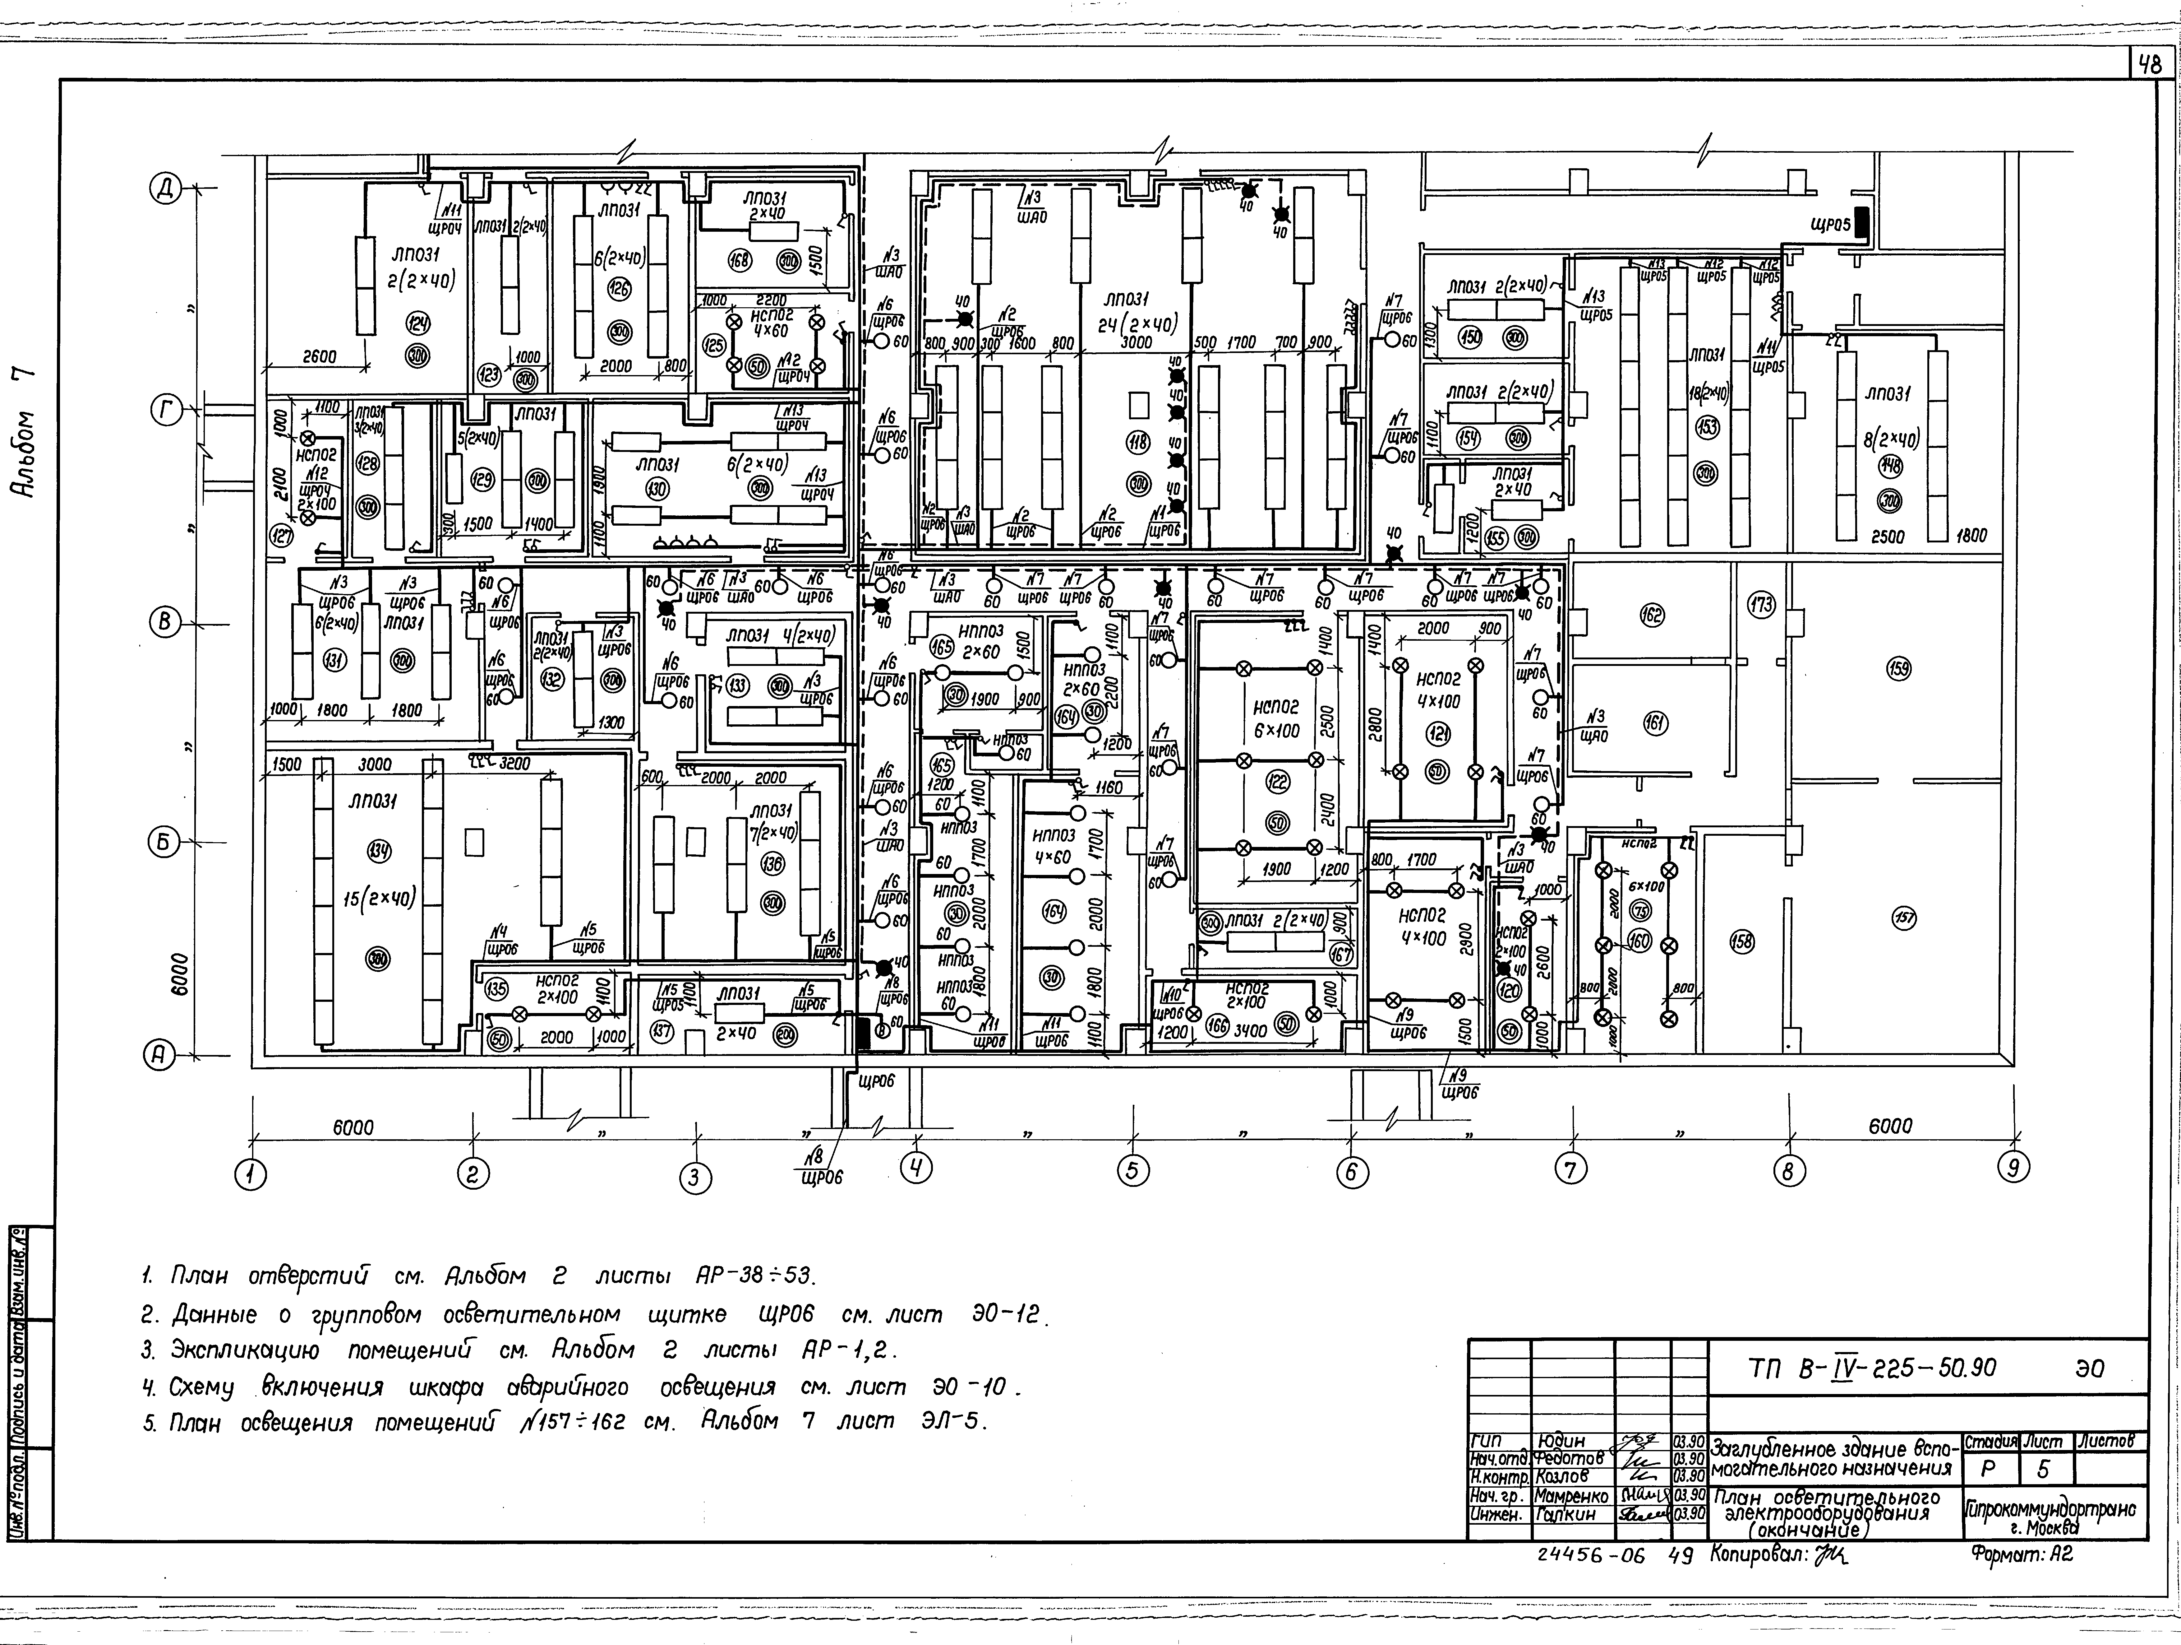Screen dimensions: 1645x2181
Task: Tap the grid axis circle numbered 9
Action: pos(2013,1169)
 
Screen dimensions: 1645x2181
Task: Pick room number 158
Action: pos(1742,942)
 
